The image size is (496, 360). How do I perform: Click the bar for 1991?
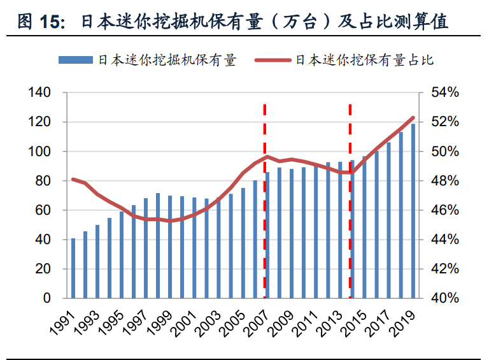pos(73,268)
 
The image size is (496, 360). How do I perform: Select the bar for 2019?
pos(413,211)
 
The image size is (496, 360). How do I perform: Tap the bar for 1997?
pos(146,248)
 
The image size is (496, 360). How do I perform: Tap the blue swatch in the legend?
pos(76,61)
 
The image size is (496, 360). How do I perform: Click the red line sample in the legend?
pos(273,61)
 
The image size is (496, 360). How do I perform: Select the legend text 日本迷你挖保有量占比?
pos(364,61)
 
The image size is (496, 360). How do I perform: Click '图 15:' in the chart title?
pos(42,22)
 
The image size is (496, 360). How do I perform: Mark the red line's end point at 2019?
pos(413,117)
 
